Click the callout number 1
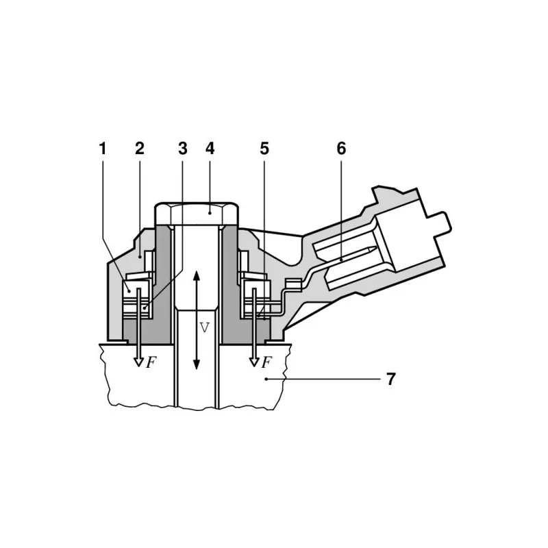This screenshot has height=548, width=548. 102,149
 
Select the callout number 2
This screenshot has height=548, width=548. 140,149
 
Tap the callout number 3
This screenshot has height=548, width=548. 182,149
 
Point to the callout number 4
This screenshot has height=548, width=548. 210,149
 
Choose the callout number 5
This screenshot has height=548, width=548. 264,149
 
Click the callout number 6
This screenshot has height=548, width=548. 341,149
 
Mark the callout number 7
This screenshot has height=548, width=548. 390,379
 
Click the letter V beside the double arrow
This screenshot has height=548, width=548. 204,327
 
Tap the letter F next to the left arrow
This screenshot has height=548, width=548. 151,362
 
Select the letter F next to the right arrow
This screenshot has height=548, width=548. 266,362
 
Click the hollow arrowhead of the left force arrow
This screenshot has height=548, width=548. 139,362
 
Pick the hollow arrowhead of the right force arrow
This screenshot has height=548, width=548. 254,362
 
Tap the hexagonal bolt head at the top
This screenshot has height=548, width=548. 197,214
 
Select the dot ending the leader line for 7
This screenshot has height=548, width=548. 266,379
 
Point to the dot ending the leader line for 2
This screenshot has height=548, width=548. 140,258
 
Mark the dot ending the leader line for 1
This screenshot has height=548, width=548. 129,290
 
